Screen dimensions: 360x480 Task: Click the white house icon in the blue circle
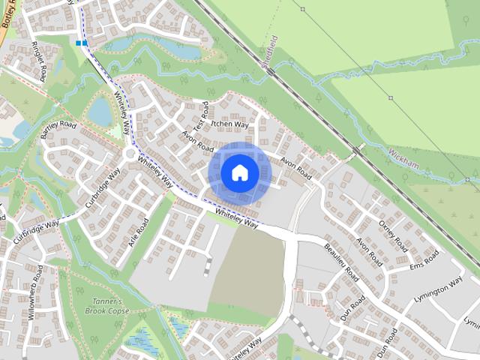pyautogui.click(x=240, y=172)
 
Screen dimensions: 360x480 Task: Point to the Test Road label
pyautogui.click(x=199, y=114)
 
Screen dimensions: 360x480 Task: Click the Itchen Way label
pyautogui.click(x=229, y=124)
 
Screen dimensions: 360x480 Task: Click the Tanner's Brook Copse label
pyautogui.click(x=107, y=304)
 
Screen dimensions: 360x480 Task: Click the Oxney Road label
pyautogui.click(x=392, y=235)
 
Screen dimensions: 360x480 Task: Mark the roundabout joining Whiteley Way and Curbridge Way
pyautogui.click(x=130, y=154)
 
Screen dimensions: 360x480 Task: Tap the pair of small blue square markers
pyautogui.click(x=81, y=43)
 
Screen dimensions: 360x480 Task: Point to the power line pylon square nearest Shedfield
pyautogui.click(x=302, y=10)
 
